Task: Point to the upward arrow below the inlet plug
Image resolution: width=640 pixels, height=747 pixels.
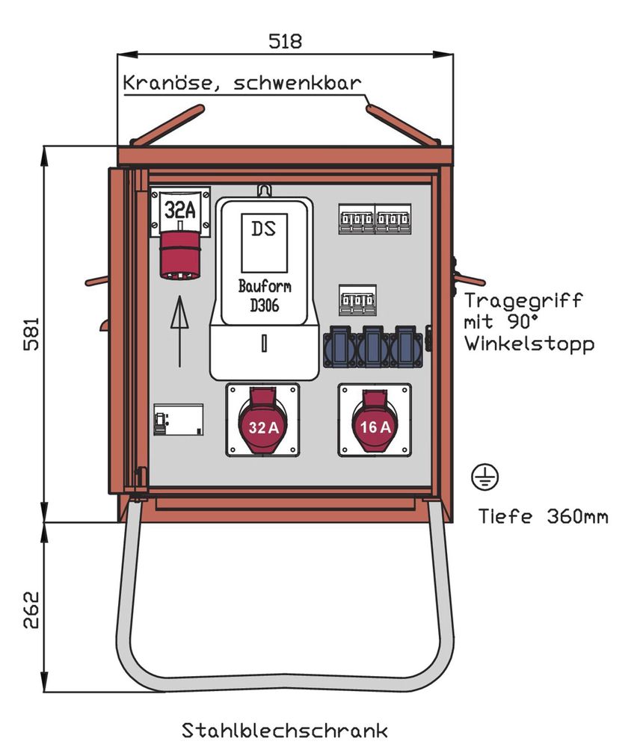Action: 179,329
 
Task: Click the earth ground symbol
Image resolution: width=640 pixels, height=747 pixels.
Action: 485,476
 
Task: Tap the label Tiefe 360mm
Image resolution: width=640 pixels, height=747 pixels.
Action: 543,516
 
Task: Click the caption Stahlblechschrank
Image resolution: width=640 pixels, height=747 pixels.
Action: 285,728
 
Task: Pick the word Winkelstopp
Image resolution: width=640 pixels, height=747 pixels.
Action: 529,344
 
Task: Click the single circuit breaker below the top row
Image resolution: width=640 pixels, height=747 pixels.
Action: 357,300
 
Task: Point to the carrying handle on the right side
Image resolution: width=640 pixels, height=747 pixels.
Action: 469,279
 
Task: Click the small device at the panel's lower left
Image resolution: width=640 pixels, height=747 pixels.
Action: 178,420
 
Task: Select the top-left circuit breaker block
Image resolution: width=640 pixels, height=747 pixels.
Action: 357,219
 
